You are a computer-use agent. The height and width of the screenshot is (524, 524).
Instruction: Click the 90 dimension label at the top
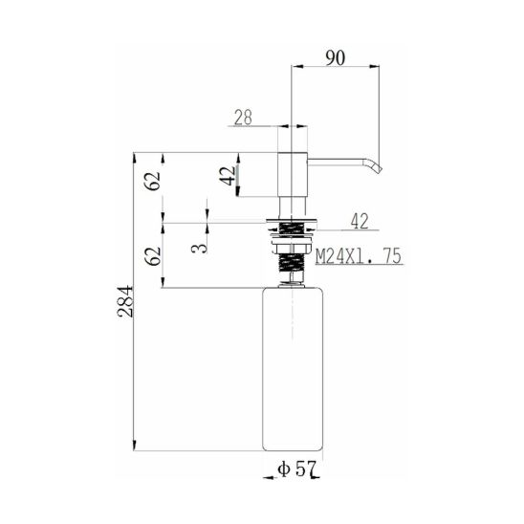coord(336,58)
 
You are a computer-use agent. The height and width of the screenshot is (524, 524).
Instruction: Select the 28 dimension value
coord(243,118)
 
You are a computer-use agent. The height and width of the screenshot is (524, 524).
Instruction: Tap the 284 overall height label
coord(125,301)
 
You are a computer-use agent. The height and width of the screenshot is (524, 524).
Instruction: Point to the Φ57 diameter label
coord(296,469)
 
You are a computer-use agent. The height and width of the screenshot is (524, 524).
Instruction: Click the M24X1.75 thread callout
coord(359,256)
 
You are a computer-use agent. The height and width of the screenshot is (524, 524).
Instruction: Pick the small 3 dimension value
coord(200,248)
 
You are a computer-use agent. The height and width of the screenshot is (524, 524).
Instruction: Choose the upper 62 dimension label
coord(153,181)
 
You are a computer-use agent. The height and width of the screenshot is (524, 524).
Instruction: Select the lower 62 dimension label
coord(153,256)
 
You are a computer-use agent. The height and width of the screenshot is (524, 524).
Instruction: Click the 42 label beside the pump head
coord(228,176)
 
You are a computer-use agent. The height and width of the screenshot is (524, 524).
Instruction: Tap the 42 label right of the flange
coord(360,221)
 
